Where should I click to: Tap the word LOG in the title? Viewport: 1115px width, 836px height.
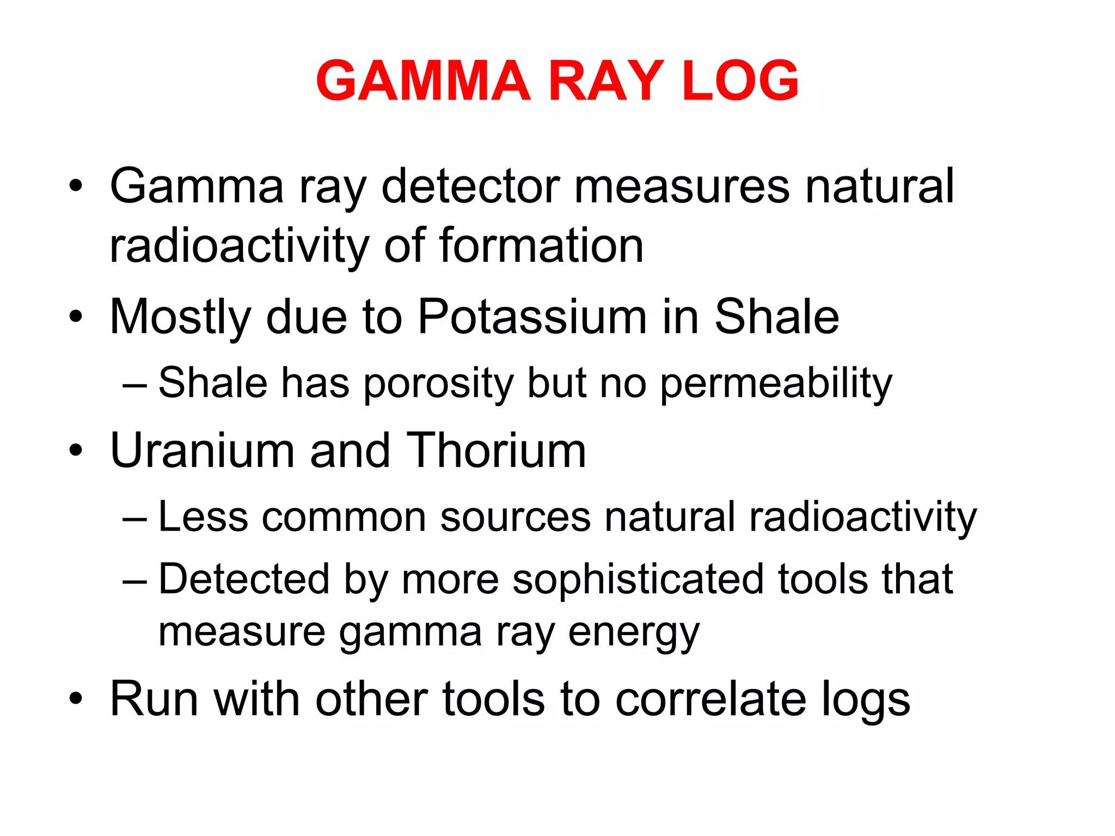[x=740, y=81]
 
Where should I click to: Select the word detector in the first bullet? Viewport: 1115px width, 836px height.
[x=471, y=186]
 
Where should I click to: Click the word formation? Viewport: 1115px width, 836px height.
[x=541, y=245]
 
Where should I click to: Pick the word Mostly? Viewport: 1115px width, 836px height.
[x=180, y=318]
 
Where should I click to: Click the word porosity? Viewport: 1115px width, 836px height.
[x=438, y=384]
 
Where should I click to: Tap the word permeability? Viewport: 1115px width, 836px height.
[x=776, y=384]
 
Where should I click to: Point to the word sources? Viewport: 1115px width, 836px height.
[x=515, y=517]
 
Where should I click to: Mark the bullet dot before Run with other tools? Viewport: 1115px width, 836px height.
[x=76, y=698]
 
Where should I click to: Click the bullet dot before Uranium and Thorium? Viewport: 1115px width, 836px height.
[x=76, y=450]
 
